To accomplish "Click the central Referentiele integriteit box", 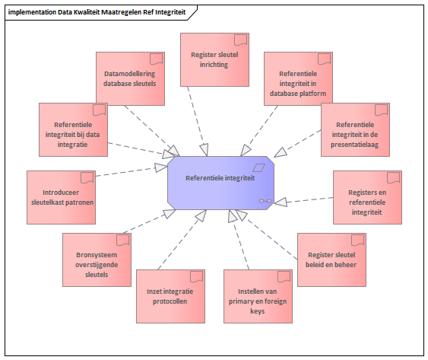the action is pyautogui.click(x=220, y=183).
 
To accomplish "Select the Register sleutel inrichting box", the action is pyautogui.click(x=214, y=59).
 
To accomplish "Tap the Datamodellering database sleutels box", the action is pyautogui.click(x=130, y=78).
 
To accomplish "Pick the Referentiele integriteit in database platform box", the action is pyautogui.click(x=298, y=78).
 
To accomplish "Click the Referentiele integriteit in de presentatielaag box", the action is pyautogui.click(x=355, y=129).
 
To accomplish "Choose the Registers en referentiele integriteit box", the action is pyautogui.click(x=367, y=197).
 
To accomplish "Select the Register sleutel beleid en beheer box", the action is pyautogui.click(x=331, y=260).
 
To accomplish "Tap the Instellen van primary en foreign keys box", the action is pyautogui.click(x=258, y=296).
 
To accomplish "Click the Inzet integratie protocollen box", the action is pyautogui.click(x=170, y=296).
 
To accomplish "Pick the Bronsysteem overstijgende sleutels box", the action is pyautogui.click(x=97, y=260).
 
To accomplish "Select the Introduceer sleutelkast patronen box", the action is pyautogui.click(x=61, y=197).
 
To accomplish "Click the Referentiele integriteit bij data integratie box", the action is pyautogui.click(x=73, y=129).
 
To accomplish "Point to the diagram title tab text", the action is pyautogui.click(x=97, y=12).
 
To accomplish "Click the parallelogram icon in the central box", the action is pyautogui.click(x=258, y=167).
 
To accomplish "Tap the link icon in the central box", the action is pyautogui.click(x=265, y=201).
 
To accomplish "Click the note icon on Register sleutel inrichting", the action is pyautogui.click(x=240, y=40).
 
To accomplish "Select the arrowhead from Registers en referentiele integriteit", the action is pyautogui.click(x=281, y=202).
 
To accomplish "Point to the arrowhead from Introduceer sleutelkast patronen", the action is pyautogui.click(x=160, y=167).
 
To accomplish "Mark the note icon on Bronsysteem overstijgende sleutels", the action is pyautogui.click(x=123, y=240).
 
